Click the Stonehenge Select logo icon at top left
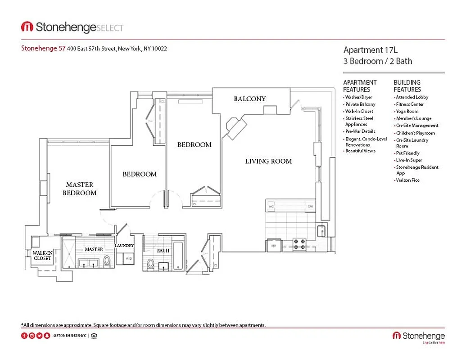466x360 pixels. coord(27,27)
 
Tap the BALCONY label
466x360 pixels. coord(249,99)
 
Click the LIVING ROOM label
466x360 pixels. coord(268,161)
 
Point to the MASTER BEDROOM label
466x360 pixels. coord(80,189)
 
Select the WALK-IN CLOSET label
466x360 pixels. coord(42,256)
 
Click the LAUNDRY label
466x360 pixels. coord(124,245)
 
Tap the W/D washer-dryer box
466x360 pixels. coord(129,259)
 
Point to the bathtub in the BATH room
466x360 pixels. coord(178,256)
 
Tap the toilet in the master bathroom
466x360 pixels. coord(107,260)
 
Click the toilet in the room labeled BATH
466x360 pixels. coord(151,263)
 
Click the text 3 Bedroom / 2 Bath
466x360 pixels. coord(377,61)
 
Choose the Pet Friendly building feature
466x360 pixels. coord(407,153)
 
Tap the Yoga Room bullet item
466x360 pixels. coord(407,111)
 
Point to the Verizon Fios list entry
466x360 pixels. coord(407,180)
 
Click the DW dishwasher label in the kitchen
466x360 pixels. coord(310,207)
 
